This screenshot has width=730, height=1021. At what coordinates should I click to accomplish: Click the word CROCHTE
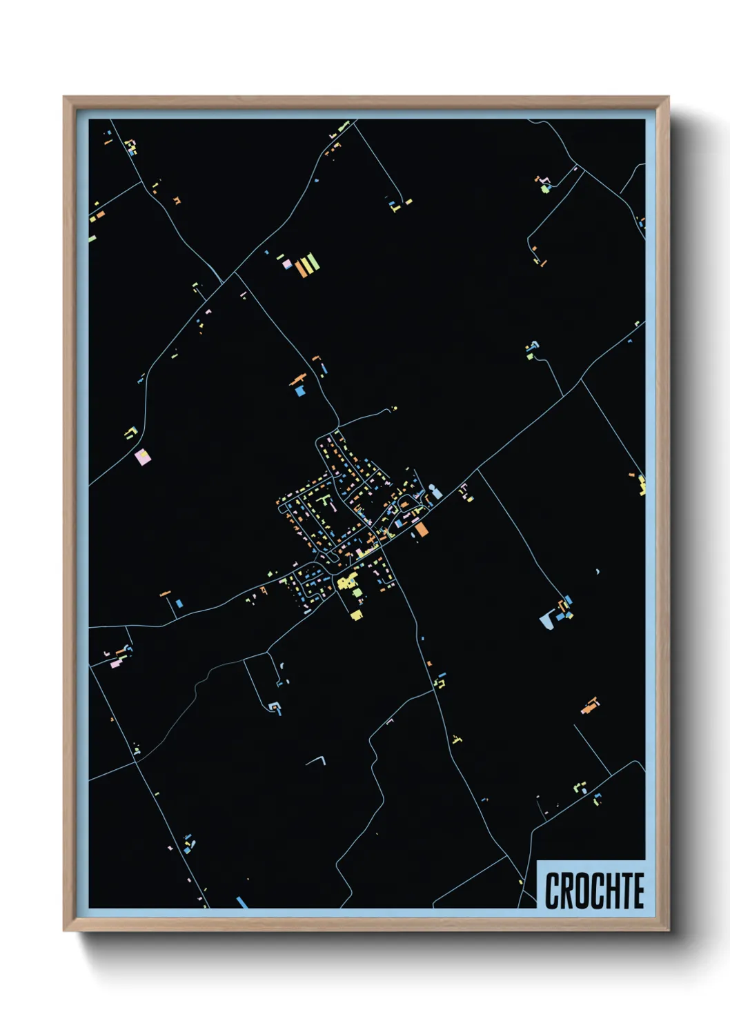pos(594,891)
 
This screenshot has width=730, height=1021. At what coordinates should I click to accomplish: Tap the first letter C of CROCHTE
pos(552,891)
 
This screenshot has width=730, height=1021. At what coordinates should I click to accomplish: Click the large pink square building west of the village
pos(142,456)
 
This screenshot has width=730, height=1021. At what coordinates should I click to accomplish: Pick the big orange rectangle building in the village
pos(421,529)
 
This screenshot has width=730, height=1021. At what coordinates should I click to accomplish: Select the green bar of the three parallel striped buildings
pos(313,261)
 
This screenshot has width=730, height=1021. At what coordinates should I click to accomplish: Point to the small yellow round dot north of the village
pos(395,408)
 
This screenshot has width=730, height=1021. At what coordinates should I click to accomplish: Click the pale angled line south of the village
pos(317,760)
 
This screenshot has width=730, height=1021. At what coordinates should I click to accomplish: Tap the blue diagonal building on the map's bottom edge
pos(241,902)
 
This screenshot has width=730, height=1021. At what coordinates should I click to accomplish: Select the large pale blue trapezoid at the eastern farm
pos(547,619)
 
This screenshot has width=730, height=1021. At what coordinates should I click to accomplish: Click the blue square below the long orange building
pos(299,390)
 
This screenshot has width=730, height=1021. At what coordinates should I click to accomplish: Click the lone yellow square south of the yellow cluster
pos(356,614)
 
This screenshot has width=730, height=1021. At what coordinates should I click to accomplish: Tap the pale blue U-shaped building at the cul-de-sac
pos(275,708)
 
